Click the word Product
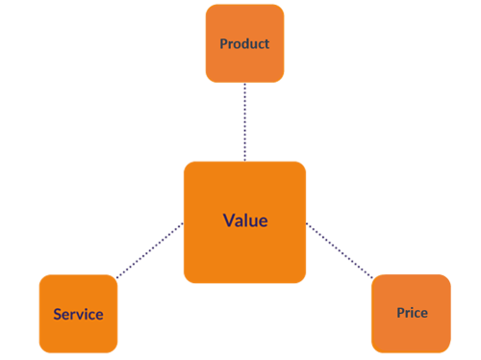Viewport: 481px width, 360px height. [x=244, y=43]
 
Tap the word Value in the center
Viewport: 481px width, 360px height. [x=245, y=220]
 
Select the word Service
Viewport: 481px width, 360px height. [x=78, y=314]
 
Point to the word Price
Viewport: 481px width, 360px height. [x=412, y=313]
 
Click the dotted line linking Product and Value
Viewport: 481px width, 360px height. [x=245, y=122]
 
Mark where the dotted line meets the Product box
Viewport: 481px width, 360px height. [x=245, y=84]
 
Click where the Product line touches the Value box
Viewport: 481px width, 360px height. [x=245, y=161]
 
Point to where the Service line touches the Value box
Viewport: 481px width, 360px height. [x=183, y=224]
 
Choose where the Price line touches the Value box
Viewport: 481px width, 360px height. [x=307, y=223]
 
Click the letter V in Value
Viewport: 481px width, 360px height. [x=228, y=220]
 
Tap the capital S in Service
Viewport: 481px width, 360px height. [x=58, y=314]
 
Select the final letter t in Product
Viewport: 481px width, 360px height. [x=266, y=43]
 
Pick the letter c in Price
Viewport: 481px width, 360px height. [x=418, y=313]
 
